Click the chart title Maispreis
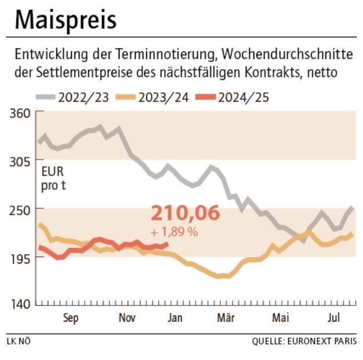click(65, 20)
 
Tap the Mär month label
click(226, 318)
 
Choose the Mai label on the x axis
click(281, 318)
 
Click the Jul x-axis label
click(333, 318)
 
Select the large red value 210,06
click(186, 213)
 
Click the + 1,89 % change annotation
click(174, 232)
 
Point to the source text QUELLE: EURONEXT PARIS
click(304, 341)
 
